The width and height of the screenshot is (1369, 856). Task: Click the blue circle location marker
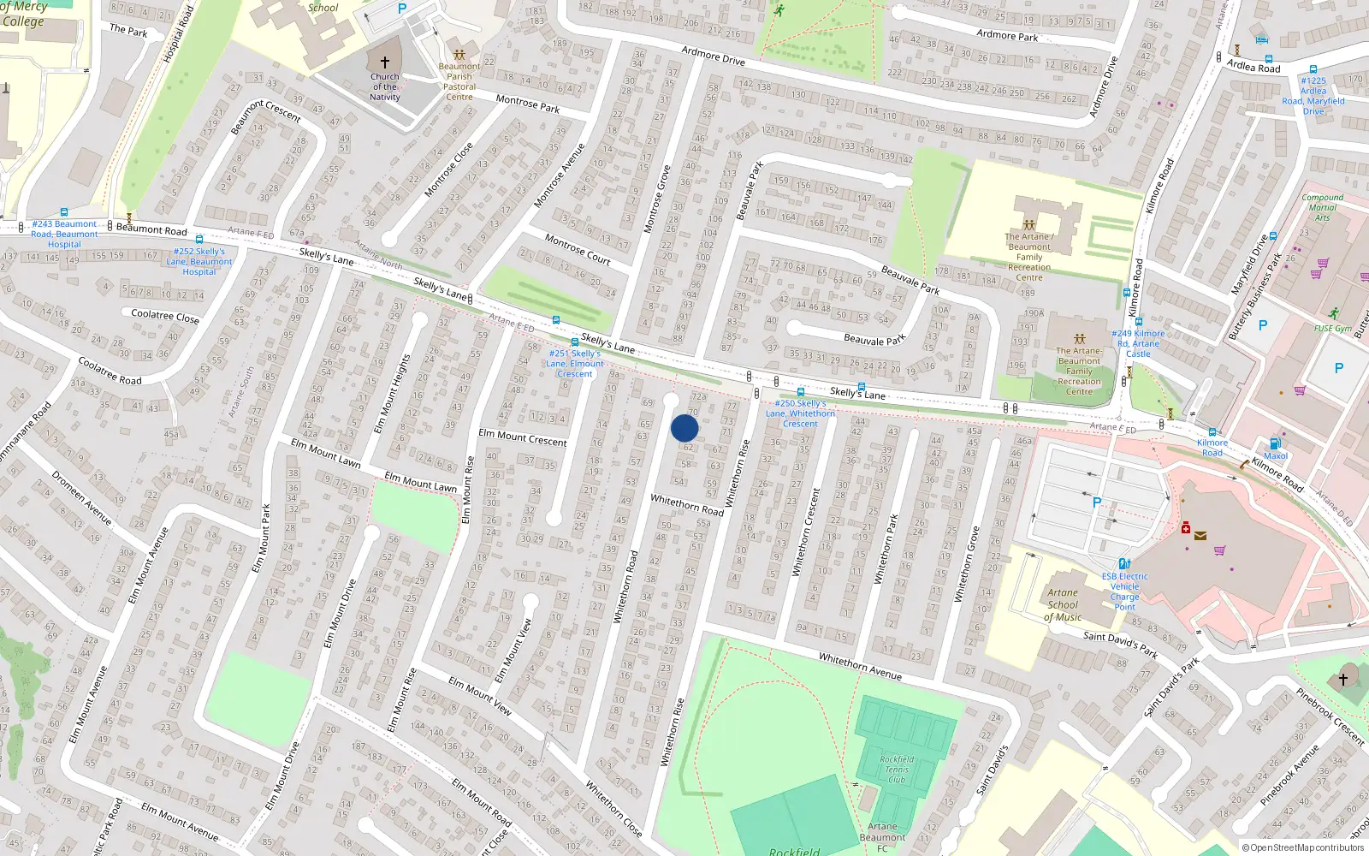point(684,428)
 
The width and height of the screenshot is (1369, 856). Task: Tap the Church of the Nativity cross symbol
point(385,62)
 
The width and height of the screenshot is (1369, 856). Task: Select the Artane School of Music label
point(1064,604)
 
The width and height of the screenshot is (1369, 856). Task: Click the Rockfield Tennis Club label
point(897,769)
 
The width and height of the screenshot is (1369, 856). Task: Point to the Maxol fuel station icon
point(1275,443)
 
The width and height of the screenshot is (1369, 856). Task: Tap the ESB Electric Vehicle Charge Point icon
point(1124,564)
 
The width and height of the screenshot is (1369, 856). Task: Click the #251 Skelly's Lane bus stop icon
point(574,342)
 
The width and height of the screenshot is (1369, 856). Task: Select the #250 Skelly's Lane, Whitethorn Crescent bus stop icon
point(801,392)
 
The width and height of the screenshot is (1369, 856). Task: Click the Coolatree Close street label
point(165,316)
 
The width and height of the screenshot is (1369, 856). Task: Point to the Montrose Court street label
point(578,249)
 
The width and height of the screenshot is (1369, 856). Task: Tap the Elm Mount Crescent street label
point(522,437)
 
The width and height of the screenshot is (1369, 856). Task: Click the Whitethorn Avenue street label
point(860,665)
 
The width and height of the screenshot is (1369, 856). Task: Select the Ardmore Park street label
point(1007,35)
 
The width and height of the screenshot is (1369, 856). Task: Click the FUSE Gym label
point(1332,329)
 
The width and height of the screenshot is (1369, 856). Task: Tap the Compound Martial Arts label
point(1322,207)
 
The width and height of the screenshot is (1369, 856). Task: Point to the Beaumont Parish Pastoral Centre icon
point(459,54)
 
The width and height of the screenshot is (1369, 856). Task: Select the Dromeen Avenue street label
point(82,497)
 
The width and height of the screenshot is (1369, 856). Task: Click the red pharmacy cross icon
point(1186,528)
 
